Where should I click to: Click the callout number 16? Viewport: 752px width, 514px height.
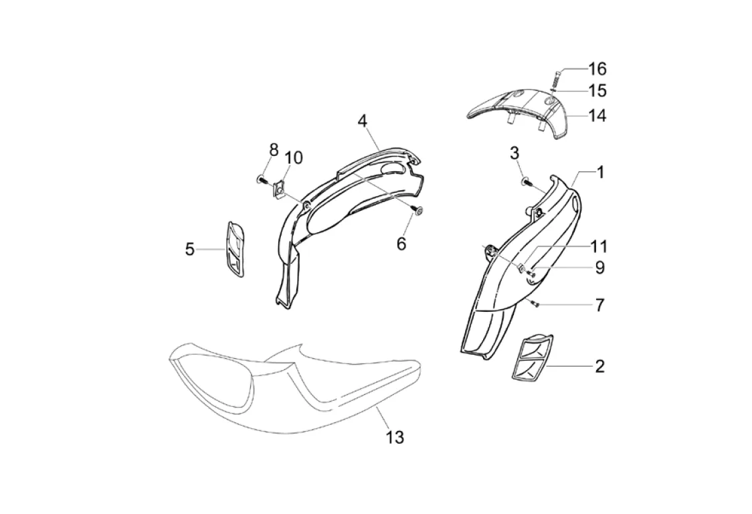click(597, 69)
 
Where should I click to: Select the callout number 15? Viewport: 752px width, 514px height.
click(597, 90)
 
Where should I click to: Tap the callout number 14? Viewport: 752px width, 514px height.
click(597, 115)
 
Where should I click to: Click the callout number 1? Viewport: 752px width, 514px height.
click(600, 172)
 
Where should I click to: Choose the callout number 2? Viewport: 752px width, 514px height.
click(599, 366)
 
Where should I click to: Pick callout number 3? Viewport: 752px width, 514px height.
click(533, 153)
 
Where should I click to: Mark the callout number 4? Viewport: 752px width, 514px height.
click(362, 121)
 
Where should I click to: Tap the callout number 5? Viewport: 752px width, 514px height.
click(190, 250)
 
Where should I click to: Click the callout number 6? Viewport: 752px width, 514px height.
click(401, 244)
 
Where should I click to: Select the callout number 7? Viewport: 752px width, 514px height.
click(599, 305)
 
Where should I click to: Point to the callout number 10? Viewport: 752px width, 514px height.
click(293, 158)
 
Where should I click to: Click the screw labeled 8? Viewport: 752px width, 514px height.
click(260, 179)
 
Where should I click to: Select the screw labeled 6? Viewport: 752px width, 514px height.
click(417, 211)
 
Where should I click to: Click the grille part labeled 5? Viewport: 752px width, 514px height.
click(234, 248)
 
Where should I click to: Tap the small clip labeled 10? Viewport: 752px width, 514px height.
click(279, 190)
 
